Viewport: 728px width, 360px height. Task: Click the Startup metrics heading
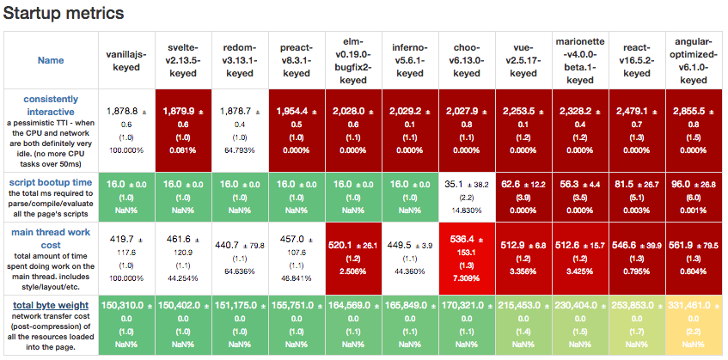[x=64, y=14]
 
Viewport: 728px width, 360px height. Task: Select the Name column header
[x=51, y=61]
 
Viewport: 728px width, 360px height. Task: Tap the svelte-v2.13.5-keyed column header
[x=183, y=60]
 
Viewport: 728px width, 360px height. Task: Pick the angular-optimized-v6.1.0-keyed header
[x=693, y=60]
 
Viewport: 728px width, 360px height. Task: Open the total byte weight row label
[x=50, y=305]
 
